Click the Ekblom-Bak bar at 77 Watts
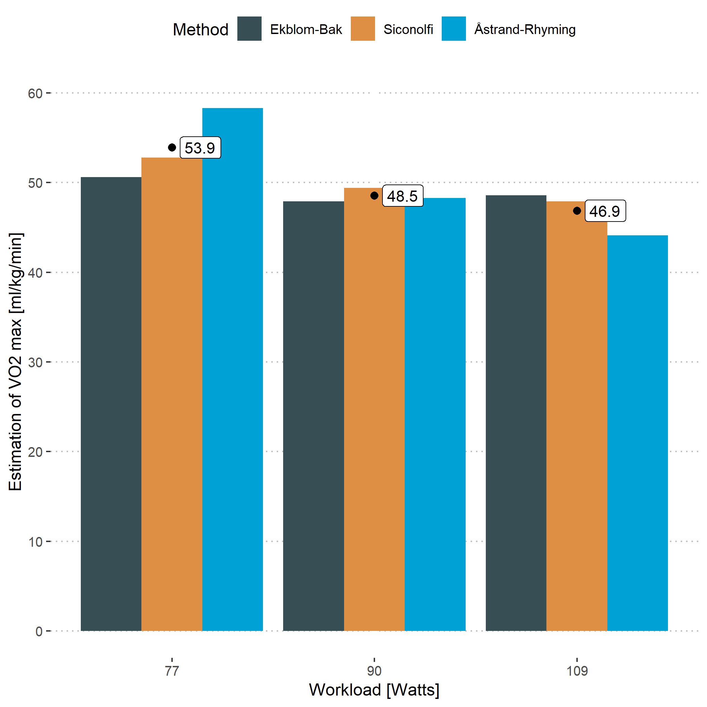(x=111, y=403)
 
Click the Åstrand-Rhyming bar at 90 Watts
(x=435, y=413)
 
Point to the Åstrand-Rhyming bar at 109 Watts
(x=637, y=432)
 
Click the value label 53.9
(x=200, y=148)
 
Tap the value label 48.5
(x=403, y=196)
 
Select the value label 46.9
(x=605, y=211)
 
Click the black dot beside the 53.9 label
(x=172, y=147)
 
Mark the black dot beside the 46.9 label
(x=577, y=211)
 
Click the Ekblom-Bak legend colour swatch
(x=249, y=29)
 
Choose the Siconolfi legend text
(x=408, y=29)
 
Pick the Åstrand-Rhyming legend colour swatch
(x=453, y=29)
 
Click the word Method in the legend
(x=201, y=30)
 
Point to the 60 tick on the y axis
(x=35, y=94)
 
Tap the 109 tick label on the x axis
(x=577, y=671)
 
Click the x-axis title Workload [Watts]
(x=374, y=690)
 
